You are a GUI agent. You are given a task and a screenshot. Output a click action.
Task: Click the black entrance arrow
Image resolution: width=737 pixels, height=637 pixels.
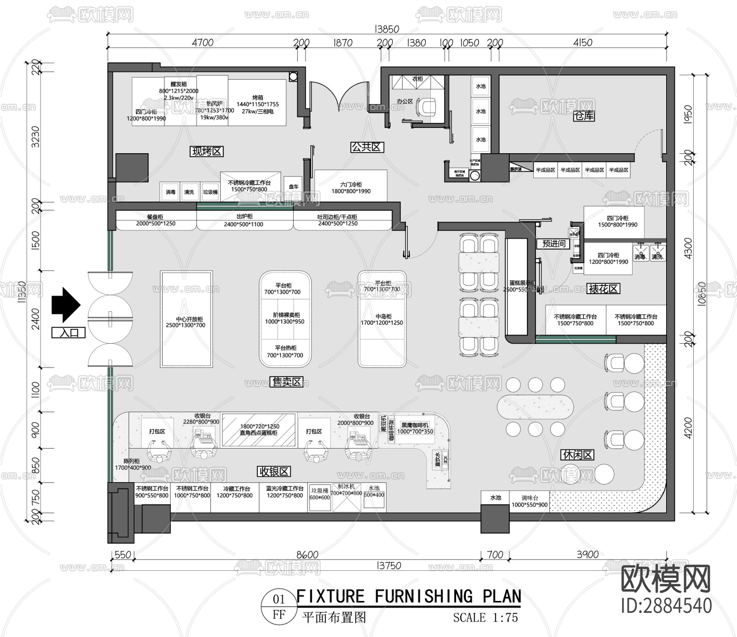click(x=66, y=305)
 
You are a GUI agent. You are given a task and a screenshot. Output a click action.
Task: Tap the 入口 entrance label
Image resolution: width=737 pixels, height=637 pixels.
click(x=68, y=333)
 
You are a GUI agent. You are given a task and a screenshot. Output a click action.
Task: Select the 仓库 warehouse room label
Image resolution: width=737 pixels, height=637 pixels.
click(x=584, y=116)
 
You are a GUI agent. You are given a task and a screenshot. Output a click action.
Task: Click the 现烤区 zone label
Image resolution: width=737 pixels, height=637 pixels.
click(x=207, y=152)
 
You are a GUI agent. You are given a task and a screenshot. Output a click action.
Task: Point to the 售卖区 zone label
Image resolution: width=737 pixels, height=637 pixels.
click(x=287, y=382)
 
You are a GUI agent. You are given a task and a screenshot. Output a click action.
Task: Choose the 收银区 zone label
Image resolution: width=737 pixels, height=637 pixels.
click(x=274, y=472)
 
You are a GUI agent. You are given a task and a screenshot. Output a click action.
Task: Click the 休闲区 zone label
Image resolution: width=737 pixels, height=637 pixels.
click(x=578, y=455)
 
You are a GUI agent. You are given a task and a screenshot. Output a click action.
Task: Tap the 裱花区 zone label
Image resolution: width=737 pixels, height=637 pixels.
click(x=603, y=289)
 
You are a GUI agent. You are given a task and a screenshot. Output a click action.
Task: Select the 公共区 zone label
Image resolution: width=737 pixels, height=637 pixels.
click(x=367, y=147)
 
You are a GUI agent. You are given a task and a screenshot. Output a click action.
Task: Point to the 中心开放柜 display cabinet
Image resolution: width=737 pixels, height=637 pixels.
click(x=186, y=319)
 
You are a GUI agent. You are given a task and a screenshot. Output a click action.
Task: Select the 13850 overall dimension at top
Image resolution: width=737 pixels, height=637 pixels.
click(x=387, y=29)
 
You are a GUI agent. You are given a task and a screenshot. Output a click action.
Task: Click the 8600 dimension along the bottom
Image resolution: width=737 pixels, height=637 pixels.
click(x=307, y=555)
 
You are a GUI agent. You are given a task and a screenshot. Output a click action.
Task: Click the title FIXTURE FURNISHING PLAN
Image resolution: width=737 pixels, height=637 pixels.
click(x=409, y=596)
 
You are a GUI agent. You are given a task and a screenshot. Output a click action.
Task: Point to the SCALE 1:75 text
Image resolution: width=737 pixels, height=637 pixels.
click(x=486, y=618)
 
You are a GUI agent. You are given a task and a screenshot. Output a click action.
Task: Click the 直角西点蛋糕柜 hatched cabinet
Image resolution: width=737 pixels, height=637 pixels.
click(x=259, y=430)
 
